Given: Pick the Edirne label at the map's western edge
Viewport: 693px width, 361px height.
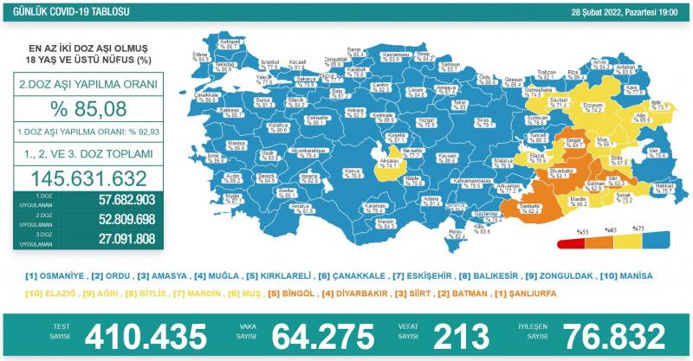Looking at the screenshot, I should tap(202, 55).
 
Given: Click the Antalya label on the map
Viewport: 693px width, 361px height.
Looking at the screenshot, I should tap(300, 207).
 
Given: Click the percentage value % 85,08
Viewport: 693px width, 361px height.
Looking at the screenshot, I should tap(84, 109).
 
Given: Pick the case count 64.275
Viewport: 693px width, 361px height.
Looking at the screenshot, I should tap(323, 335).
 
